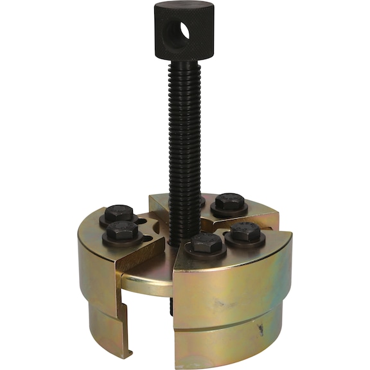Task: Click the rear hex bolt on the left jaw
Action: coord(119,213)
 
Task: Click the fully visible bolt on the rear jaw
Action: coord(229,204)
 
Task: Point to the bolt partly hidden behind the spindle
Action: coord(200,201)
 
